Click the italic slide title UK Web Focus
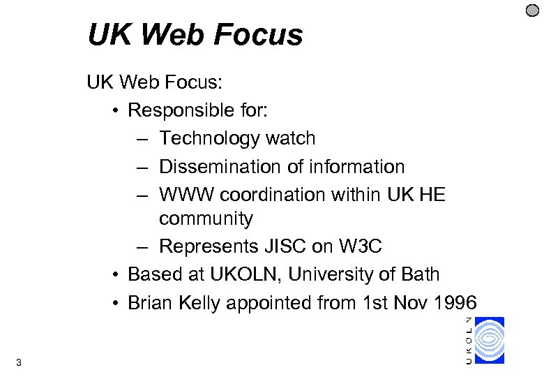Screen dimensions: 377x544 pos(195,35)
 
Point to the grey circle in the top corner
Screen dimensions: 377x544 pos(532,10)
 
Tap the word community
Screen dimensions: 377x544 pos(206,219)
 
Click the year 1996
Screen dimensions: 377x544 pos(453,303)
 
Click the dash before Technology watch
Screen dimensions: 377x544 pos(142,139)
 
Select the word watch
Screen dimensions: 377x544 pos(291,139)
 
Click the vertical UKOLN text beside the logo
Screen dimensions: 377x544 pos(468,340)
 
